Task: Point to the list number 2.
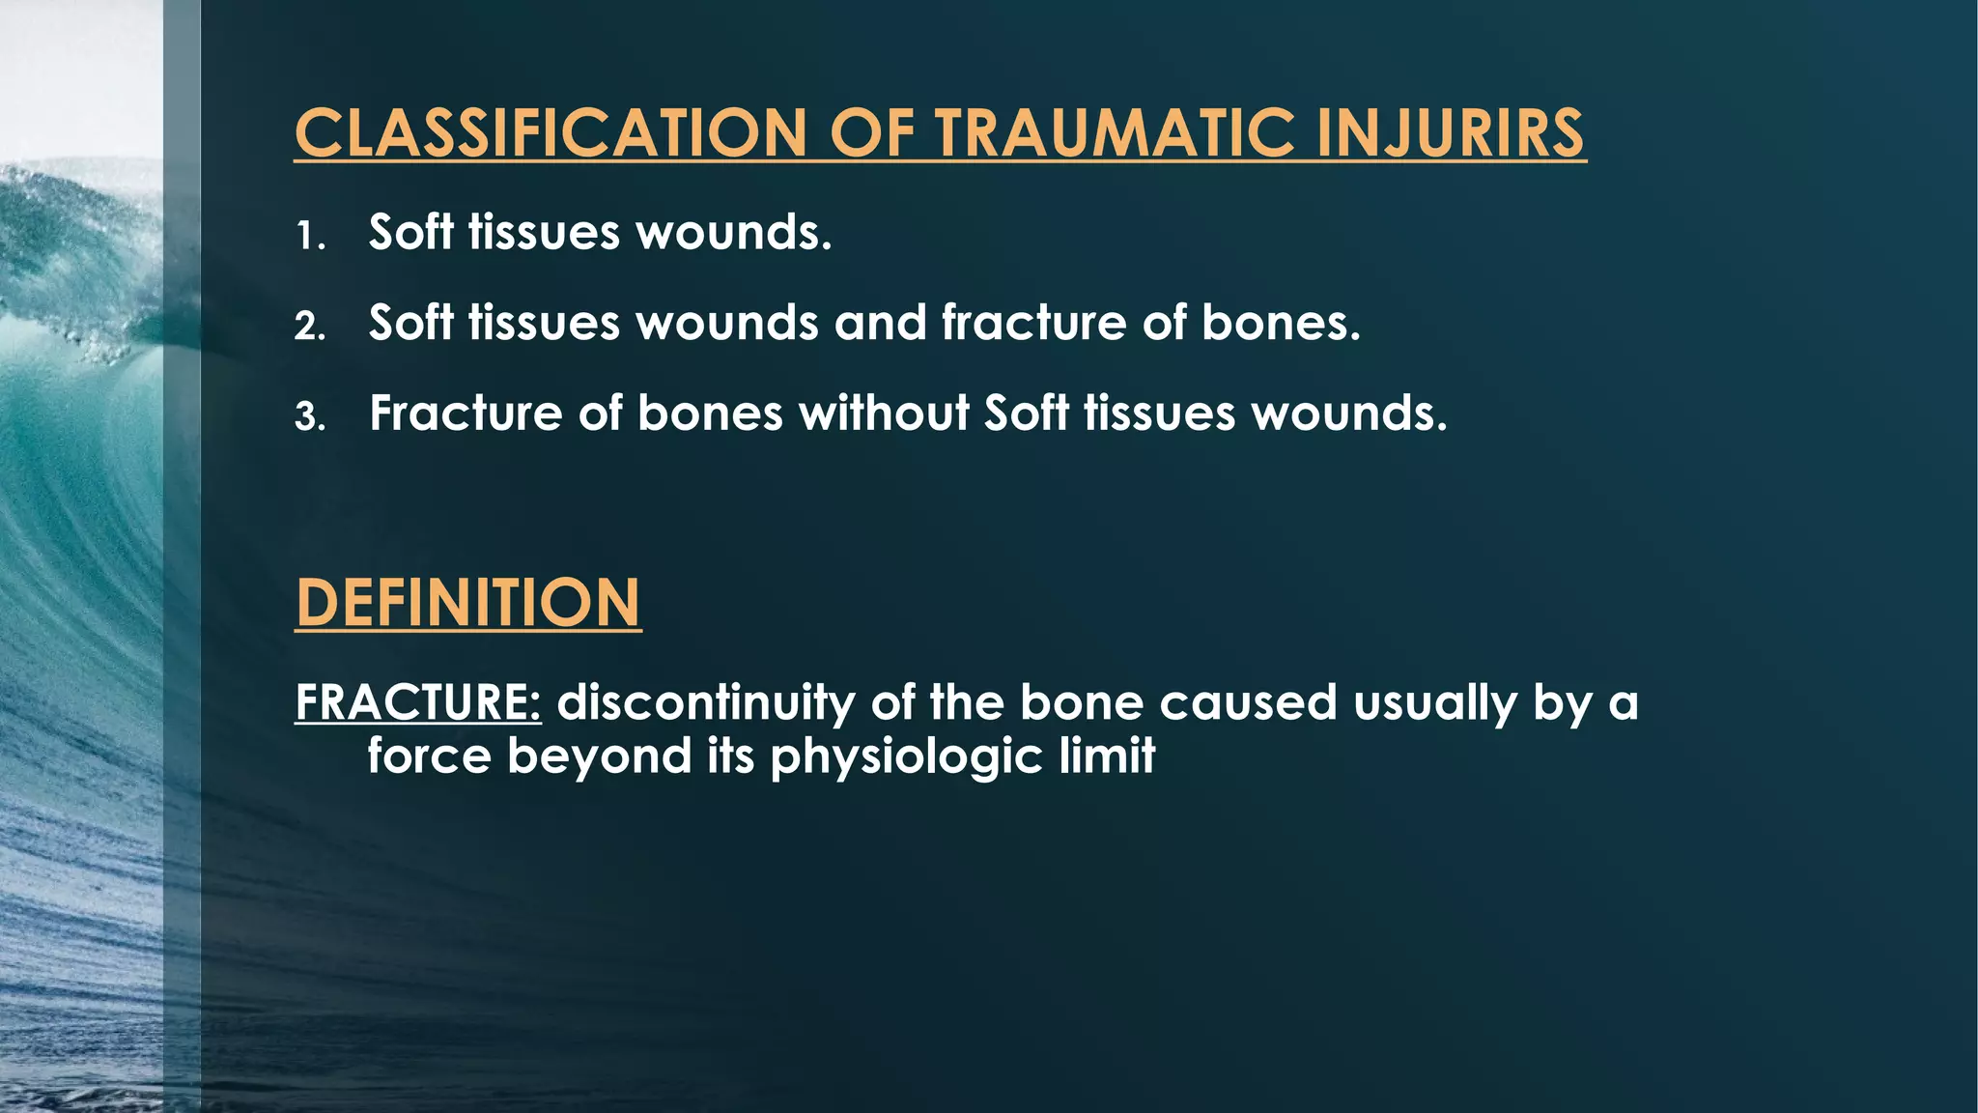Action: (309, 327)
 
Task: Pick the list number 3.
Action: (309, 417)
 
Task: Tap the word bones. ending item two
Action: (1281, 322)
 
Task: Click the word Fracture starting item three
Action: (466, 414)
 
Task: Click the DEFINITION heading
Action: (467, 603)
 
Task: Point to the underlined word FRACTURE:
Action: (417, 702)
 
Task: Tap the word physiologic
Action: (906, 756)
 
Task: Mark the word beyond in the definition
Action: (599, 755)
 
